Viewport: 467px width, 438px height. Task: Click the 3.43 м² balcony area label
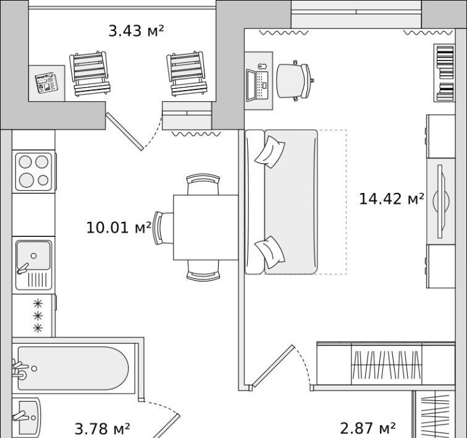pyautogui.click(x=136, y=31)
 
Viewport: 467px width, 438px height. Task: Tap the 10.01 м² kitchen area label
pyautogui.click(x=119, y=228)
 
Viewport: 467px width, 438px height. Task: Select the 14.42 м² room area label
pyautogui.click(x=392, y=199)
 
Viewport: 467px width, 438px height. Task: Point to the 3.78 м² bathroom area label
pyautogui.click(x=102, y=429)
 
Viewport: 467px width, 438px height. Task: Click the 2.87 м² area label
pyautogui.click(x=368, y=428)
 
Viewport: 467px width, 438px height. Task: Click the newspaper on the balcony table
pyautogui.click(x=46, y=83)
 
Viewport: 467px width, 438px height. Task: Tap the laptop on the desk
pyautogui.click(x=258, y=85)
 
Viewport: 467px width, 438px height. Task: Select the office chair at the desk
pyautogui.click(x=295, y=81)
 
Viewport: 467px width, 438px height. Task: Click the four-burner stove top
pyautogui.click(x=34, y=171)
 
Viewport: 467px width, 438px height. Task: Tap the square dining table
pyautogui.click(x=206, y=228)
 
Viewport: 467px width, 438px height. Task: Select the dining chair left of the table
pyautogui.click(x=163, y=228)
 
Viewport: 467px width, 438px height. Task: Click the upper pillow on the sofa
pyautogui.click(x=270, y=152)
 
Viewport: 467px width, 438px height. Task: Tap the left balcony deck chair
pyautogui.click(x=90, y=74)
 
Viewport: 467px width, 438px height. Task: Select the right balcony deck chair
pyautogui.click(x=187, y=74)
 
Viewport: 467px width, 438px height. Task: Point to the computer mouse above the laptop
pyautogui.click(x=262, y=66)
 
